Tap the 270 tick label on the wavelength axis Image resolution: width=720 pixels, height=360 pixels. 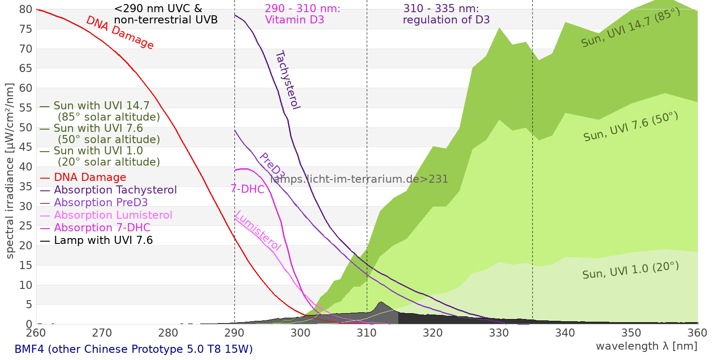pyautogui.click(x=102, y=333)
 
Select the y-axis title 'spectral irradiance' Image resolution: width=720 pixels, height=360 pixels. pyautogui.click(x=10, y=171)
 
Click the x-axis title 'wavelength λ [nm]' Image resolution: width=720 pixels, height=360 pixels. pyautogui.click(x=646, y=346)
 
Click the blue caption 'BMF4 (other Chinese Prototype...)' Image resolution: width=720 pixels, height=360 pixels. pyautogui.click(x=134, y=349)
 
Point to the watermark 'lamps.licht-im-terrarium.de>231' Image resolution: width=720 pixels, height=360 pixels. pyautogui.click(x=359, y=179)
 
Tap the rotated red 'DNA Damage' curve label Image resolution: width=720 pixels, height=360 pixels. pyautogui.click(x=120, y=32)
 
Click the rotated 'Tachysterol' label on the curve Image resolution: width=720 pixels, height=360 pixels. pyautogui.click(x=288, y=80)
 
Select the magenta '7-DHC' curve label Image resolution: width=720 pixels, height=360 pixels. pyautogui.click(x=247, y=189)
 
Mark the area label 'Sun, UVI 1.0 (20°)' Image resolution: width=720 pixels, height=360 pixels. pyautogui.click(x=630, y=270)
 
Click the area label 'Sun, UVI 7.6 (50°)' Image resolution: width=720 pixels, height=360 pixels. pyautogui.click(x=630, y=127)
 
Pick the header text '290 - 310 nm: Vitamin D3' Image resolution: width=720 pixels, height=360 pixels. pyautogui.click(x=302, y=14)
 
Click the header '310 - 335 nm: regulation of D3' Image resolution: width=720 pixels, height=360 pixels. pyautogui.click(x=446, y=14)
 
